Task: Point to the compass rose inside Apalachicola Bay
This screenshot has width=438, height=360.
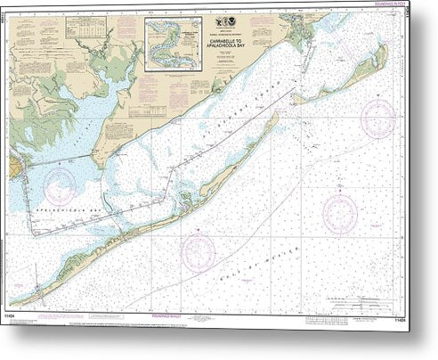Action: click(x=61, y=186)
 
